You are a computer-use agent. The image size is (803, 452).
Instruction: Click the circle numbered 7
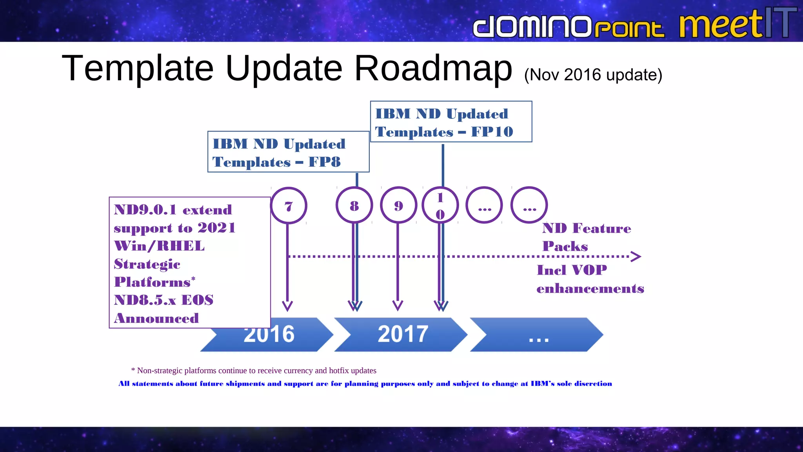click(x=289, y=206)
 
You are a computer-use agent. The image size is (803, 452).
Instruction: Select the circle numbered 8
click(x=354, y=205)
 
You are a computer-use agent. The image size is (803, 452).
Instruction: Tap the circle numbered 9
click(x=398, y=205)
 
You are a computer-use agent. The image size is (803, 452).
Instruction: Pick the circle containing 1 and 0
click(x=440, y=205)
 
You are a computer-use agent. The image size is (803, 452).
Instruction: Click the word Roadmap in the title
click(x=433, y=68)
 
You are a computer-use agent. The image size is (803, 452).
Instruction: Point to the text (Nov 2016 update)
click(x=593, y=75)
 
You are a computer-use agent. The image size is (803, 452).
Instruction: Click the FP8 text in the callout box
click(x=324, y=162)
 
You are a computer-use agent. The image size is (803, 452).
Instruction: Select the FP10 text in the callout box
click(x=492, y=131)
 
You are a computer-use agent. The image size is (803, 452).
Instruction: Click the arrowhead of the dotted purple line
click(x=636, y=257)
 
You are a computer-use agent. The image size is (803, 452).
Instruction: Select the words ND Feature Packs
click(x=586, y=237)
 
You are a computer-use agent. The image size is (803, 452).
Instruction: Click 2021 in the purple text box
click(x=216, y=228)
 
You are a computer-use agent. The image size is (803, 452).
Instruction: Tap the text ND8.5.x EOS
click(x=164, y=300)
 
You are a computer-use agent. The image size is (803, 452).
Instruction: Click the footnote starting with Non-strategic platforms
click(x=254, y=370)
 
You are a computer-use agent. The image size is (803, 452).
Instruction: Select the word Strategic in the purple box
click(x=147, y=264)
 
